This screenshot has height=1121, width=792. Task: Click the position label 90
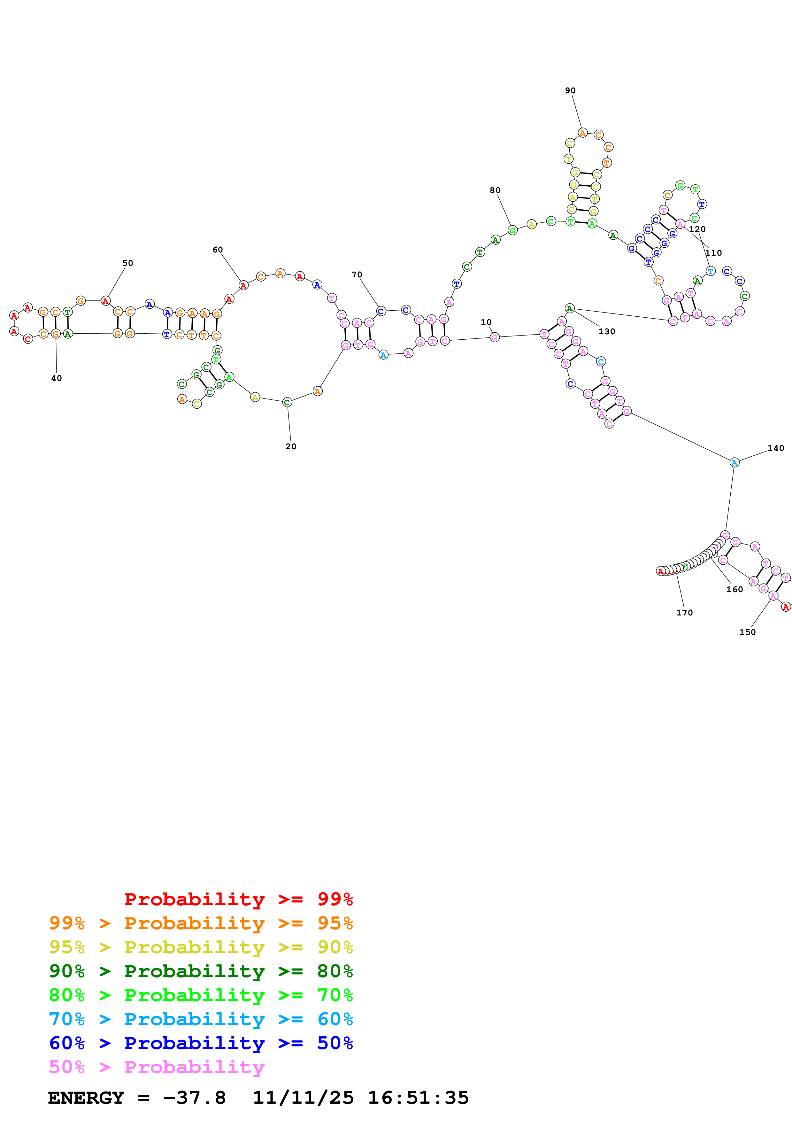[570, 91]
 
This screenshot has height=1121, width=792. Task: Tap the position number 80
[495, 190]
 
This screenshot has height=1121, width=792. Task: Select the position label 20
[291, 446]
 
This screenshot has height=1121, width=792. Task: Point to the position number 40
[57, 378]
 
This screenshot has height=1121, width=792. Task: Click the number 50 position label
[128, 263]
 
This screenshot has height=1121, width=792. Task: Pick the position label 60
[218, 250]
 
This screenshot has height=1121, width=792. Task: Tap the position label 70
[357, 275]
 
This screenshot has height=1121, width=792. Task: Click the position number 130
[607, 331]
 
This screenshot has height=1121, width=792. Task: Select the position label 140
[775, 448]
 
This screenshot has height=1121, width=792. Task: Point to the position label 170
[684, 613]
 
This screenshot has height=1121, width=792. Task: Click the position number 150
[747, 632]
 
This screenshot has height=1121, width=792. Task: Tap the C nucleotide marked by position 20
[287, 402]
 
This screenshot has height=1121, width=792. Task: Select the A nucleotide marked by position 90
[582, 133]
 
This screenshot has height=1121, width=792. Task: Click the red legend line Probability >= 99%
[238, 899]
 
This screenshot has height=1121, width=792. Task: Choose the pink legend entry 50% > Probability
[156, 1067]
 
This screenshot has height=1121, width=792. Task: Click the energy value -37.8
[194, 1098]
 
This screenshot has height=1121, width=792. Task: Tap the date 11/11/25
[303, 1098]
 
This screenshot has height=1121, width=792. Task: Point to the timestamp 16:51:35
[418, 1098]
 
